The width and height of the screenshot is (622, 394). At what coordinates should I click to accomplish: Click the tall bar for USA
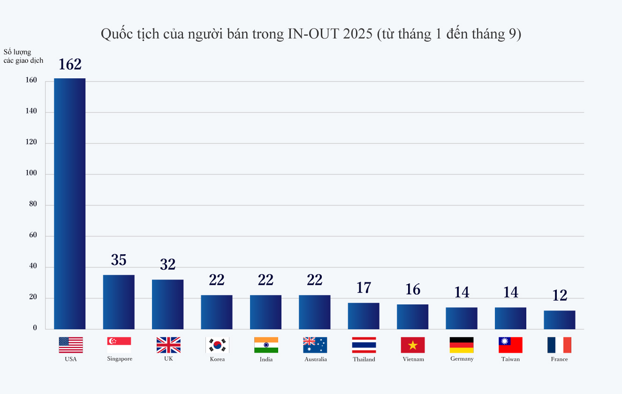(x=70, y=204)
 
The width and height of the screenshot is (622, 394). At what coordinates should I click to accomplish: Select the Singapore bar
(x=119, y=302)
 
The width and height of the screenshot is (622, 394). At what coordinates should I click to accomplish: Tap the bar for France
(x=560, y=319)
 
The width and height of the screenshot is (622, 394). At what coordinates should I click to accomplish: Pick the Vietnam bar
(x=413, y=317)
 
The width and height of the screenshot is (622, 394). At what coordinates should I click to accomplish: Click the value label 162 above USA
(x=70, y=65)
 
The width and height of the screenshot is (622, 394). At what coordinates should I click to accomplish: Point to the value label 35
(x=119, y=260)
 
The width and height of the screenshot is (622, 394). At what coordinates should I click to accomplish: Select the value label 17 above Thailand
(x=364, y=288)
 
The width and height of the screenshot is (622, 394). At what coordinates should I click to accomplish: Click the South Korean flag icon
(x=217, y=345)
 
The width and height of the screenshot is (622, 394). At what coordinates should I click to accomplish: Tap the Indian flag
(x=266, y=345)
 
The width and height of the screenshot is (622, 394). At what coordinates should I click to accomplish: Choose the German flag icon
(x=462, y=345)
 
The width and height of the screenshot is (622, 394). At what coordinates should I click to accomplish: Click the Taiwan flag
(x=510, y=345)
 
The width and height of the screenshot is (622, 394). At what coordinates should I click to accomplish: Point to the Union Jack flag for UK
(x=168, y=345)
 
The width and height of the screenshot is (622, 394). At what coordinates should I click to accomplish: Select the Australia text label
(x=315, y=359)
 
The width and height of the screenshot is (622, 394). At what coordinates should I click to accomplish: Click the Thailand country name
(x=364, y=359)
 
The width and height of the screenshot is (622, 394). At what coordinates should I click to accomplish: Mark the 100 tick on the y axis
(x=31, y=174)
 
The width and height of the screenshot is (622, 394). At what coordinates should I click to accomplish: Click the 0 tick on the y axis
(x=35, y=328)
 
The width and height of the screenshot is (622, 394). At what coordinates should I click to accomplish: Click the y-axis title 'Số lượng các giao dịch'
(x=23, y=56)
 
